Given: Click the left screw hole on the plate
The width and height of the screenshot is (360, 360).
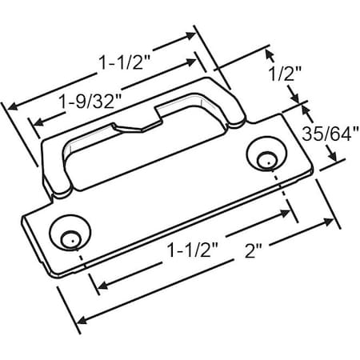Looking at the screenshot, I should pyautogui.click(x=68, y=237).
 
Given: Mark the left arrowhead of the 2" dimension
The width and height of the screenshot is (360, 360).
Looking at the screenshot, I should pyautogui.click(x=81, y=318).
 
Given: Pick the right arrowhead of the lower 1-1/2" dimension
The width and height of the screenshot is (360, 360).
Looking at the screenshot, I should pyautogui.click(x=288, y=210).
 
